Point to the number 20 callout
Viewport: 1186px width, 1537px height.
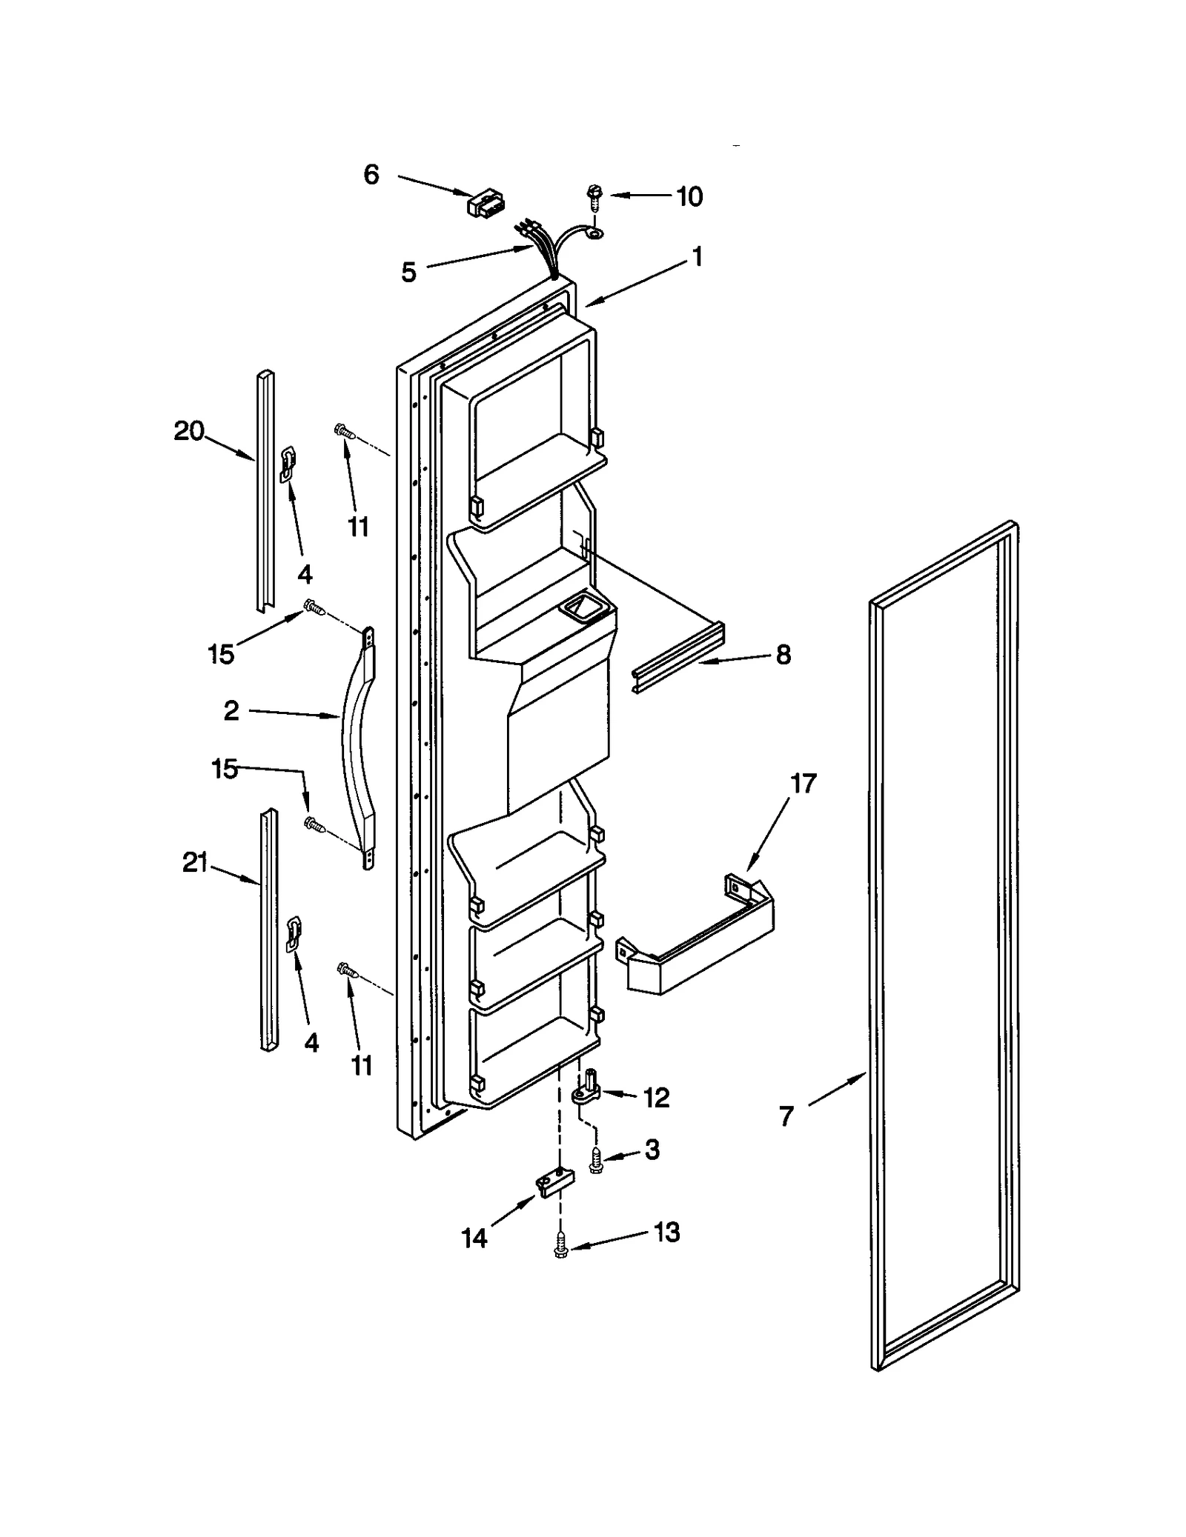[189, 431]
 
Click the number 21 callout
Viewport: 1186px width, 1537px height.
[195, 863]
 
